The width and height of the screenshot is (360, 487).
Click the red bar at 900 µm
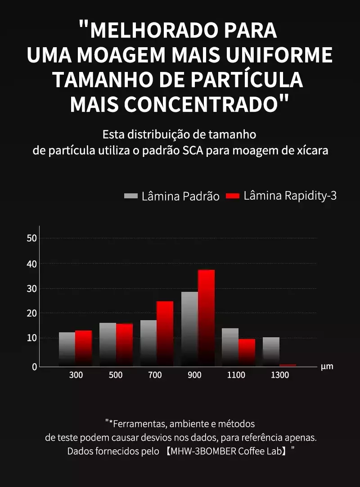click(206, 317)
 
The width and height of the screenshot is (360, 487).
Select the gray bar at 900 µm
click(189, 329)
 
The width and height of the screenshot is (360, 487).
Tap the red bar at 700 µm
click(165, 333)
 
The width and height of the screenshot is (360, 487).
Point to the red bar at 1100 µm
click(247, 352)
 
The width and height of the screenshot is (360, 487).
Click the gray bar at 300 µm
click(67, 349)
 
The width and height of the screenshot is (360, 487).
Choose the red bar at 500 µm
click(124, 344)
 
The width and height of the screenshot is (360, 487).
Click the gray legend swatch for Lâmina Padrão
click(130, 196)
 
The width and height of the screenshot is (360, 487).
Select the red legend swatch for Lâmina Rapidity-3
click(233, 196)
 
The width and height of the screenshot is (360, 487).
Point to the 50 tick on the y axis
click(31, 238)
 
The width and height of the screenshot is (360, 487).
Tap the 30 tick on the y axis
click(31, 288)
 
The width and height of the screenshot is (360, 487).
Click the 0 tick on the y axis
click(34, 366)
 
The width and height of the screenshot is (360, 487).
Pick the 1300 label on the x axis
click(280, 375)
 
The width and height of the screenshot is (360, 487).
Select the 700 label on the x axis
click(155, 375)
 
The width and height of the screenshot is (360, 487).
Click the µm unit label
click(327, 366)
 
